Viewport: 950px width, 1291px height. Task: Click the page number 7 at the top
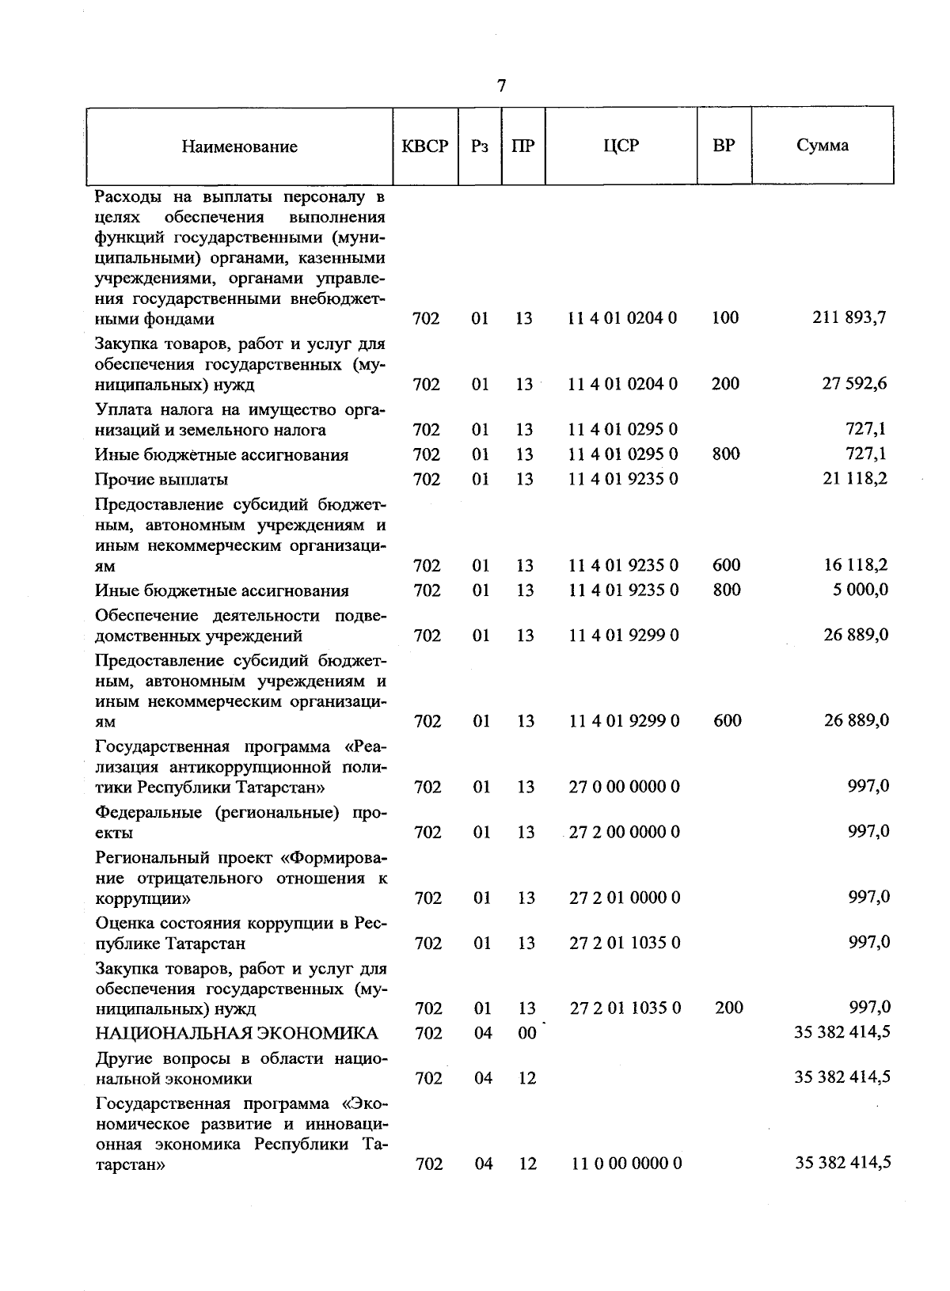pyautogui.click(x=501, y=85)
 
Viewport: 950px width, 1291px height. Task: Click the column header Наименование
pyautogui.click(x=239, y=146)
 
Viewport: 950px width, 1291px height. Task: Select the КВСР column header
pyautogui.click(x=425, y=146)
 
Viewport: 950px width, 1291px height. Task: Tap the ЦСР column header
pyautogui.click(x=621, y=146)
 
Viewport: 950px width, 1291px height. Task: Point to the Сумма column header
pyautogui.click(x=823, y=146)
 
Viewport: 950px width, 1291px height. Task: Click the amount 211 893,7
pyautogui.click(x=849, y=318)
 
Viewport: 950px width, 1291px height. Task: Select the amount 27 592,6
pyautogui.click(x=854, y=384)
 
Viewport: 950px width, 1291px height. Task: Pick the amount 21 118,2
pyautogui.click(x=854, y=479)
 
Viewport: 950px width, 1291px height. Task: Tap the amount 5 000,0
pyautogui.click(x=859, y=590)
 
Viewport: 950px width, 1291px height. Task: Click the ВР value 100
pyautogui.click(x=724, y=318)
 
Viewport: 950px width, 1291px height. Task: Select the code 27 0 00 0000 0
pyautogui.click(x=624, y=787)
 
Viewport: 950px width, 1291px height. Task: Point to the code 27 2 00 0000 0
pyautogui.click(x=624, y=832)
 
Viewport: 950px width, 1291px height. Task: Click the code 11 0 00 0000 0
pyautogui.click(x=626, y=1164)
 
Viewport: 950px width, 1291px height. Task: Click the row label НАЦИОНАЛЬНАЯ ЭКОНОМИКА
pyautogui.click(x=236, y=1033)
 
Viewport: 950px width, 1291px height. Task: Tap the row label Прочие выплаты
pyautogui.click(x=161, y=480)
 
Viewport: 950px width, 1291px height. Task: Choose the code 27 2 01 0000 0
pyautogui.click(x=625, y=898)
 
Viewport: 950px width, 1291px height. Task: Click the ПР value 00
pyautogui.click(x=526, y=1033)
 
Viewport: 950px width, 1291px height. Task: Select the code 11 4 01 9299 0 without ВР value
pyautogui.click(x=624, y=636)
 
